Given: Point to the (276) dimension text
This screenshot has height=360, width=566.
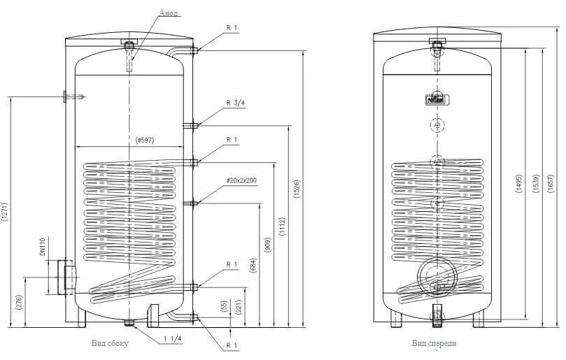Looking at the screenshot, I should (x=20, y=301).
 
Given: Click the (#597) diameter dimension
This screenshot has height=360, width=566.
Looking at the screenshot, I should (x=145, y=141).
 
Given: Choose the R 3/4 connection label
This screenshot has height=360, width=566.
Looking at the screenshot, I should (x=235, y=103).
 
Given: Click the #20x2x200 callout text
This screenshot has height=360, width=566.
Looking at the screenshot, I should (x=241, y=180).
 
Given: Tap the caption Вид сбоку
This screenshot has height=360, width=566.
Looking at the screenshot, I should (x=110, y=343).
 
